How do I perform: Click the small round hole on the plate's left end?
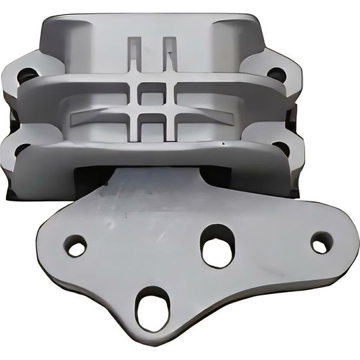coord(76,246)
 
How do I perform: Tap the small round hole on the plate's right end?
coord(321,243)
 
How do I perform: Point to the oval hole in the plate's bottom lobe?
coord(153,308)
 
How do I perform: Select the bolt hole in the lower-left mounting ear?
coord(21,150)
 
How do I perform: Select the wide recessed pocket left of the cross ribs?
coord(100,118)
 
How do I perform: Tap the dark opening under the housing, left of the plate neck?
coord(93,177)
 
